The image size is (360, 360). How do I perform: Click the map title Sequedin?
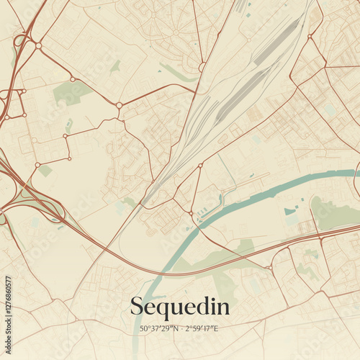(180, 307)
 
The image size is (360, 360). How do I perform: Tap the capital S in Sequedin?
(137, 306)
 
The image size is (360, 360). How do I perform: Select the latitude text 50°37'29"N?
(160, 329)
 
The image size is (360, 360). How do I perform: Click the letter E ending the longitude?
(217, 329)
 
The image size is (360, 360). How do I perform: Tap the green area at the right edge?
(335, 214)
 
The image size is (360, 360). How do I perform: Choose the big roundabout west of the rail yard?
(119, 105)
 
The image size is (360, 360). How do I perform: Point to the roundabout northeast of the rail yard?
(310, 35)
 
